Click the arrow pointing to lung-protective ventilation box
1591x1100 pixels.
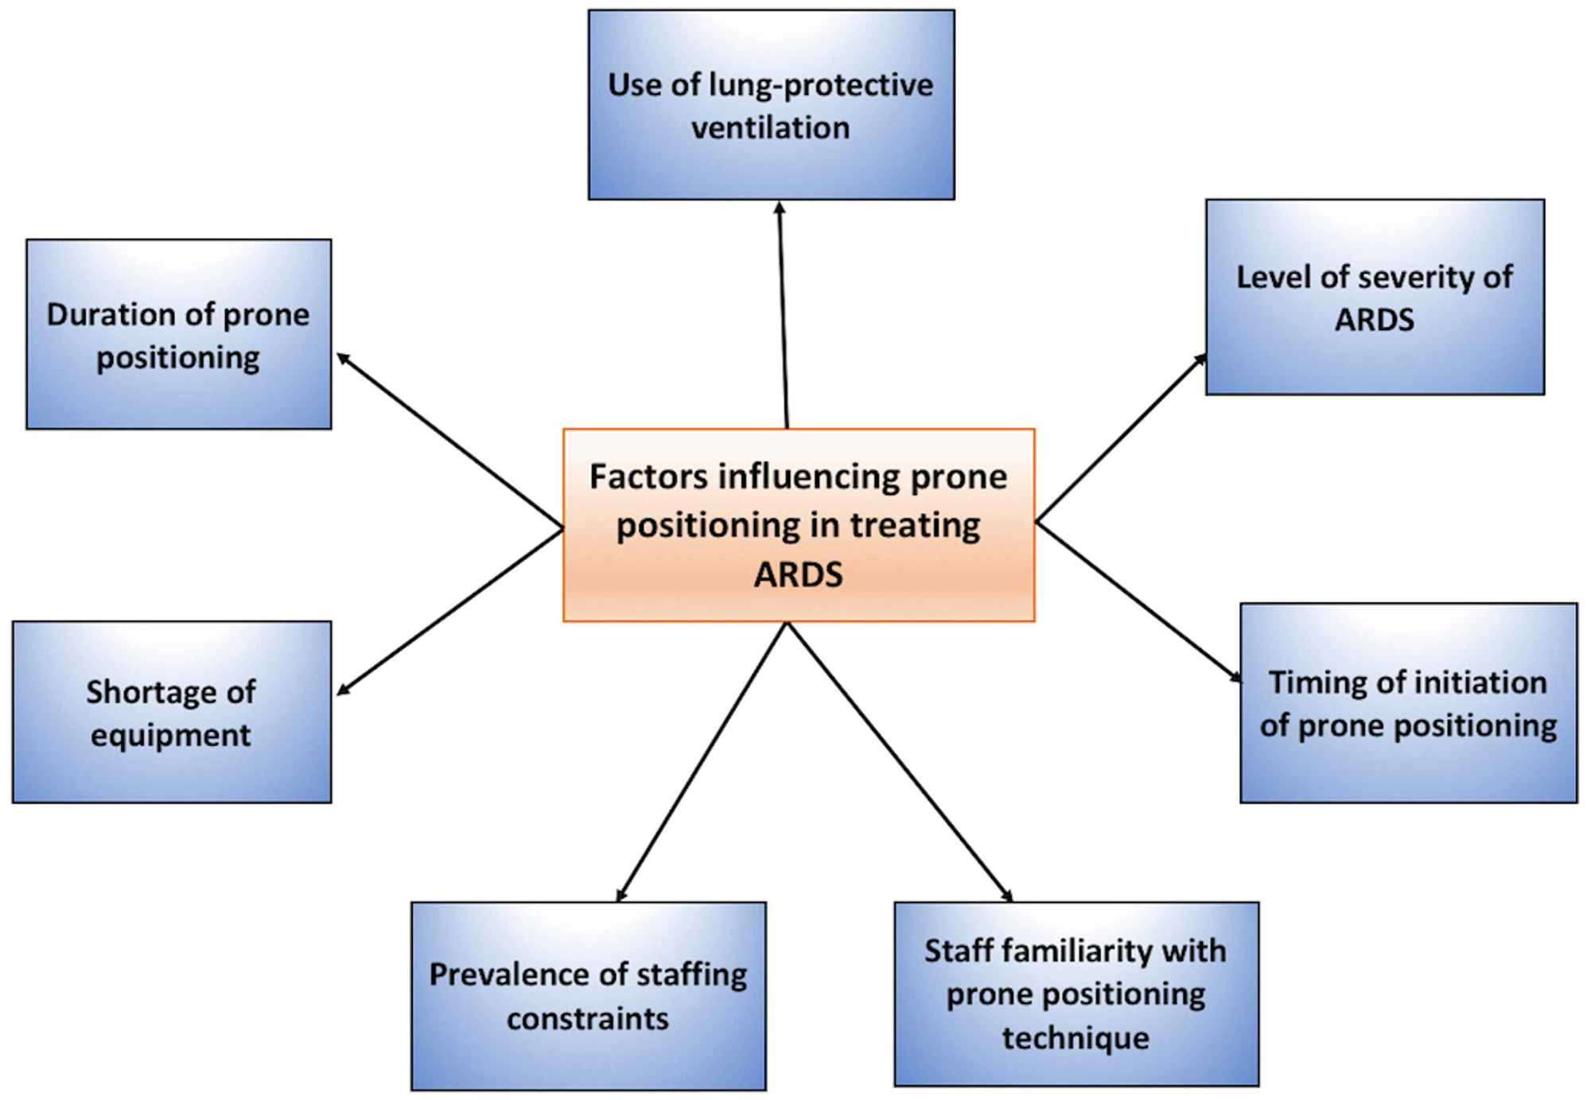[x=784, y=314]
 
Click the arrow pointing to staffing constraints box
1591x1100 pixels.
[x=702, y=761]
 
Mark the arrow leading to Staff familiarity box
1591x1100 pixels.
[x=899, y=761]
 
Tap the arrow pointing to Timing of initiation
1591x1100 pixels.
[x=1138, y=601]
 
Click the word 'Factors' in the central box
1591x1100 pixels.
[x=648, y=477]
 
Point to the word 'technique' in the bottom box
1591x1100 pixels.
[x=1076, y=1038]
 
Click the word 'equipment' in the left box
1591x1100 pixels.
[x=170, y=735]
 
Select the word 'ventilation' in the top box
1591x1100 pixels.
[x=770, y=127]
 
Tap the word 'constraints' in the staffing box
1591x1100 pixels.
[x=588, y=1019]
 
